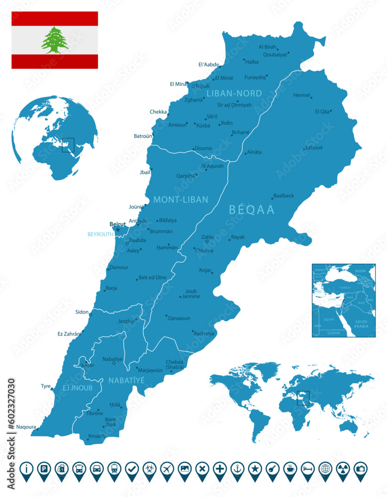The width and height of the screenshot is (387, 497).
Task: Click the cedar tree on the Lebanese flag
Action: coord(55,40)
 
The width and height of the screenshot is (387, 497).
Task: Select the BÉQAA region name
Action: coord(252,210)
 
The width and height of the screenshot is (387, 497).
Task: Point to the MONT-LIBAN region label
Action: coord(181,200)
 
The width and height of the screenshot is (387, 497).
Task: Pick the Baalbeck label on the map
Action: coord(284,196)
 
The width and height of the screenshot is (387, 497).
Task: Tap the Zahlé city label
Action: coord(208,238)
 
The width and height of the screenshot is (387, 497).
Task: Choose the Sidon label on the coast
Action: coord(82,312)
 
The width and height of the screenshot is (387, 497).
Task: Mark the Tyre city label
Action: coord(46,386)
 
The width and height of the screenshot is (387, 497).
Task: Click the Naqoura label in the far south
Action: coord(26,427)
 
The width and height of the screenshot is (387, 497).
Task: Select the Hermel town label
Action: coord(301,95)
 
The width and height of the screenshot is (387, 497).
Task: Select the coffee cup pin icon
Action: coord(290,468)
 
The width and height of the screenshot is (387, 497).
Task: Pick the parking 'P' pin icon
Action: coord(44,468)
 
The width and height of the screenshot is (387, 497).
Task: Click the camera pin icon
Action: coord(359,468)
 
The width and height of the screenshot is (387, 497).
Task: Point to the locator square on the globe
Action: coord(68,145)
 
